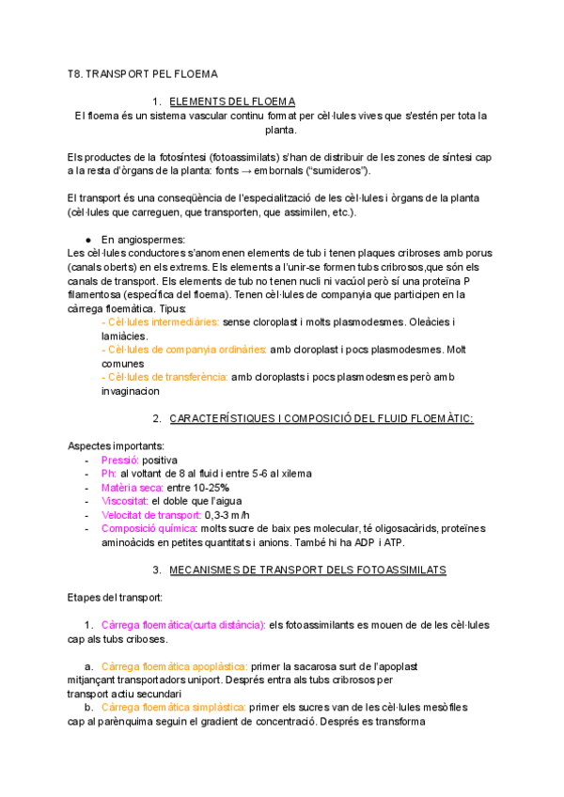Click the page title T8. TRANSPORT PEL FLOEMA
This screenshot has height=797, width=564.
click(x=142, y=72)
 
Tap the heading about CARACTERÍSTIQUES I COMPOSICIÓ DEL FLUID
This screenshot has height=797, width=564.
click(x=321, y=417)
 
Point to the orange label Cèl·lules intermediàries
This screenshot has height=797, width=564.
click(x=160, y=321)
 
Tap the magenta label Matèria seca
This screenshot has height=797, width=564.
click(x=132, y=487)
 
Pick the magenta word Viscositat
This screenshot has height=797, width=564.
click(x=124, y=501)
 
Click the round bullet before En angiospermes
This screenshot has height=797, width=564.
click(x=87, y=240)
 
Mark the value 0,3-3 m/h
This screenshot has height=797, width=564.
click(x=228, y=515)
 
